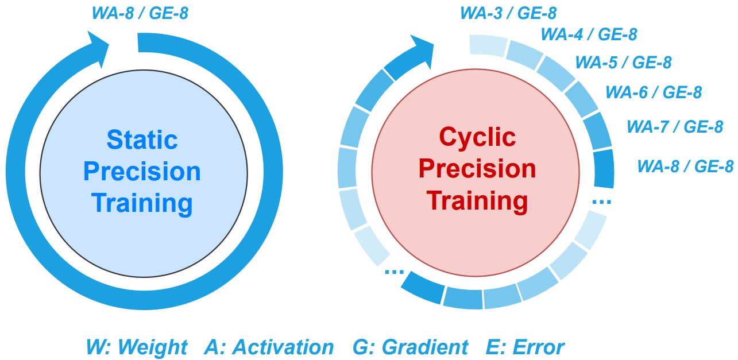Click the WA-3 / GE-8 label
(x=508, y=13)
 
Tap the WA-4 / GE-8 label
(x=589, y=34)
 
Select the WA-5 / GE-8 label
(x=623, y=62)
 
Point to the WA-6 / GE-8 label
(x=654, y=92)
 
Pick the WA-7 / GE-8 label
(x=674, y=126)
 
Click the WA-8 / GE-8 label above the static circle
(x=140, y=13)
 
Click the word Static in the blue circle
(x=142, y=140)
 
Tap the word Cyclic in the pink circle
(x=477, y=137)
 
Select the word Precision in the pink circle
(x=477, y=169)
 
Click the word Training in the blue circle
(x=142, y=203)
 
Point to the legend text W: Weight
(x=137, y=347)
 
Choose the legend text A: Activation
(x=269, y=347)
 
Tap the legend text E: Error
(x=525, y=347)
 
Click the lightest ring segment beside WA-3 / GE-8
(x=487, y=44)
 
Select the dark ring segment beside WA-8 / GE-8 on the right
(x=603, y=169)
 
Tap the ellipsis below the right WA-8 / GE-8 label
(x=601, y=202)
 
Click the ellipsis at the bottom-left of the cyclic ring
(x=394, y=272)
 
